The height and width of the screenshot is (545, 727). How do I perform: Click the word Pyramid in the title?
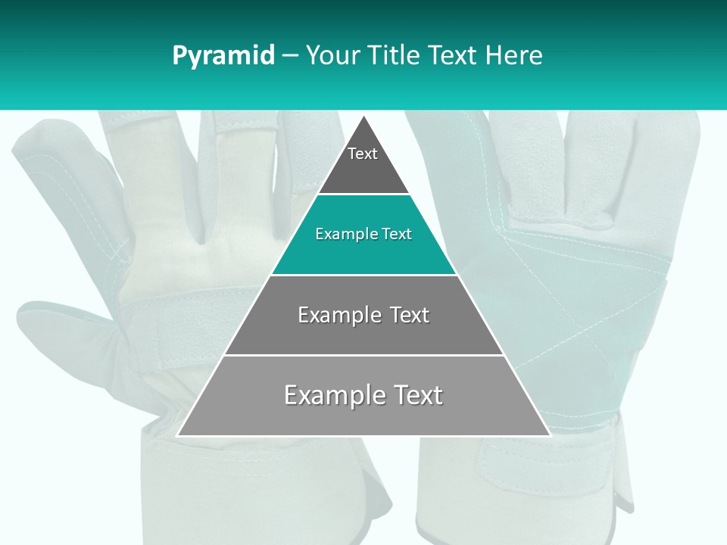pyautogui.click(x=223, y=56)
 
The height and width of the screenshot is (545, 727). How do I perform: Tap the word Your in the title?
pyautogui.click(x=331, y=56)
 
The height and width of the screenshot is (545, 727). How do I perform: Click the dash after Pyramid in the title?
pyautogui.click(x=290, y=56)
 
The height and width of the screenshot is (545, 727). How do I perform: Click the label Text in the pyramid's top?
pyautogui.click(x=363, y=154)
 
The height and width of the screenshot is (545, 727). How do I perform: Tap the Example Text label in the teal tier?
pyautogui.click(x=363, y=234)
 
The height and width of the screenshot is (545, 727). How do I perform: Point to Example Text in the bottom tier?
pyautogui.click(x=363, y=395)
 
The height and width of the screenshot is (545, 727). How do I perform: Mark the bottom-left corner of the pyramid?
pyautogui.click(x=178, y=435)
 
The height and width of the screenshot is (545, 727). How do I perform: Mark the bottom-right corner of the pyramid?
pyautogui.click(x=550, y=435)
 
